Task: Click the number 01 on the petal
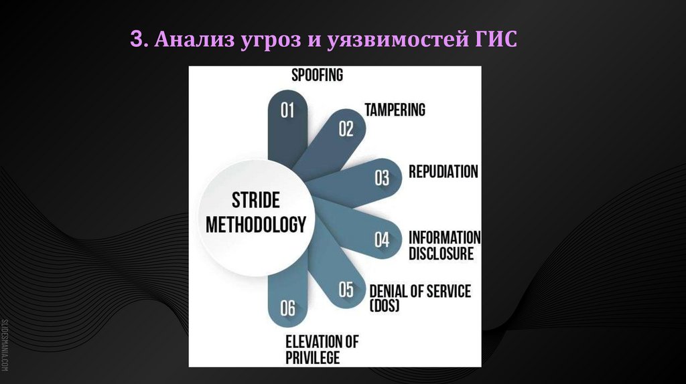click(x=287, y=110)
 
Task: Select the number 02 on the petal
click(x=346, y=128)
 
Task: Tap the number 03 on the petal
click(x=382, y=178)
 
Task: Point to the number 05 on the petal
click(x=346, y=290)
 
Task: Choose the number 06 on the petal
click(x=287, y=308)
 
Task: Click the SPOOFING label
click(x=317, y=75)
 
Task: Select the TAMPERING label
click(x=395, y=110)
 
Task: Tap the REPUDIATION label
click(x=443, y=171)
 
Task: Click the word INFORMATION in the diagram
click(x=444, y=237)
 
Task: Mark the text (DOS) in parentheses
click(x=384, y=306)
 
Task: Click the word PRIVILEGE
click(x=313, y=357)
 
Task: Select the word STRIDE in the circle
click(x=255, y=200)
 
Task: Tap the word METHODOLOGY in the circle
click(x=255, y=224)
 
